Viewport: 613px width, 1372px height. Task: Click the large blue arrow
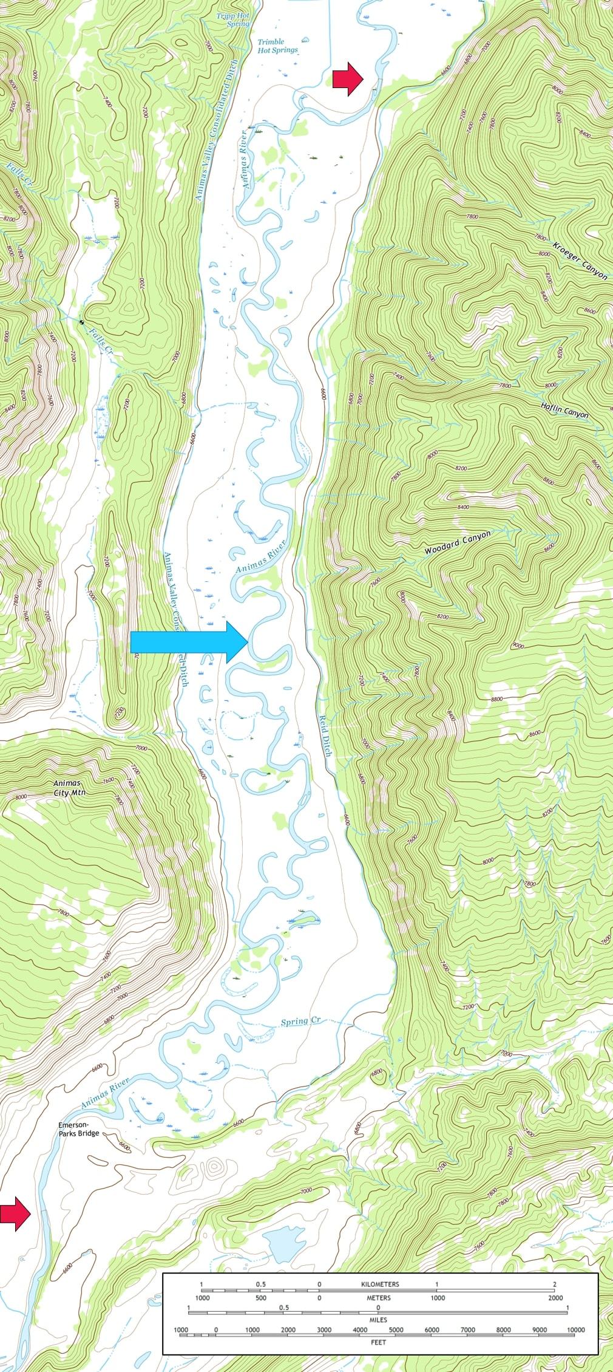pyautogui.click(x=189, y=641)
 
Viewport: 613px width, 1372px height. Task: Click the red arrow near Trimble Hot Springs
pyautogui.click(x=348, y=78)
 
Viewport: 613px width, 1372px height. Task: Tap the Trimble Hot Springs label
pyautogui.click(x=277, y=46)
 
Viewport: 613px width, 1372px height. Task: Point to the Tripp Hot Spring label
pyautogui.click(x=233, y=20)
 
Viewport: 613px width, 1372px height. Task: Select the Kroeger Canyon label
pyautogui.click(x=580, y=261)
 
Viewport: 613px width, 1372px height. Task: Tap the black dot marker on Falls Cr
pyautogui.click(x=81, y=321)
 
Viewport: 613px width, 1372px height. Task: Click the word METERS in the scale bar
pyautogui.click(x=378, y=1297)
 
